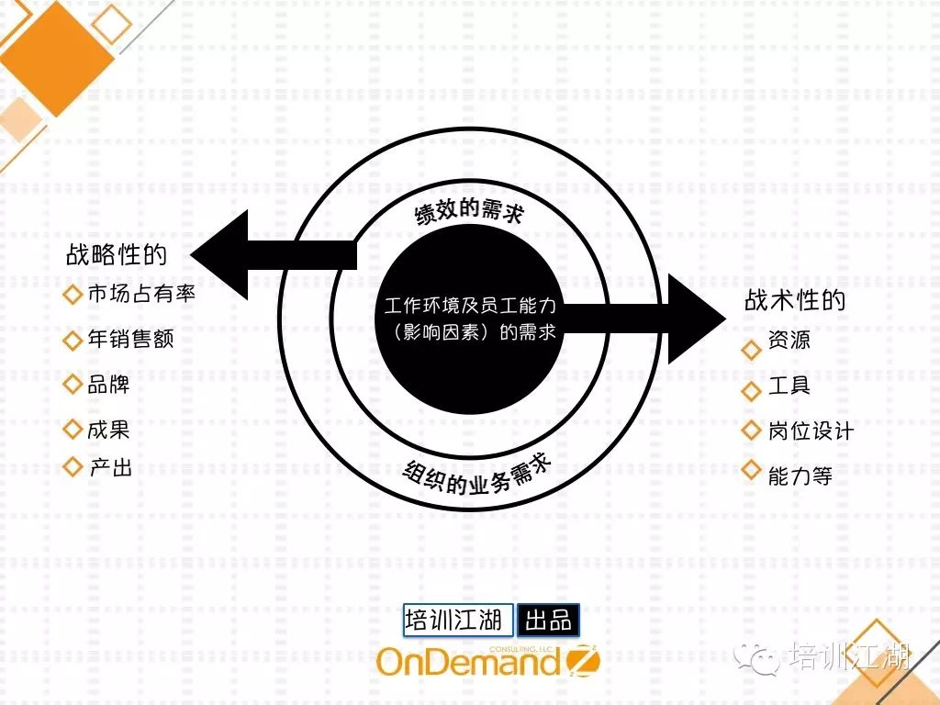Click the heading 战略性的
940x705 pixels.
(116, 255)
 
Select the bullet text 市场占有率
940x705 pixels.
(141, 294)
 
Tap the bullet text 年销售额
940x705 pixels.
(130, 340)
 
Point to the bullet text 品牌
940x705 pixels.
(108, 385)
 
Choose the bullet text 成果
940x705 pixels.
(108, 430)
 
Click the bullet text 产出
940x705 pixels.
(110, 467)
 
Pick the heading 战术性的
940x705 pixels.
(795, 300)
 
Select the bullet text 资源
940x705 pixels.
(789, 340)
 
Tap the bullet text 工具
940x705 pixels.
(789, 385)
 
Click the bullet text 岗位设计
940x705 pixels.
(811, 431)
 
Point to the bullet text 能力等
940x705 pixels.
(800, 476)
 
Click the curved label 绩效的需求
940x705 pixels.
(469, 212)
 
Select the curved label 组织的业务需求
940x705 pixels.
(477, 476)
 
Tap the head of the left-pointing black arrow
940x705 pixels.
(219, 255)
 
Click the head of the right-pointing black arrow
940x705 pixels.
(697, 319)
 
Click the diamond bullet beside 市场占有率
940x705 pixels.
(73, 295)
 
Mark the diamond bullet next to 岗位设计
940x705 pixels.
(752, 431)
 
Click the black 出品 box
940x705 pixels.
(549, 620)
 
